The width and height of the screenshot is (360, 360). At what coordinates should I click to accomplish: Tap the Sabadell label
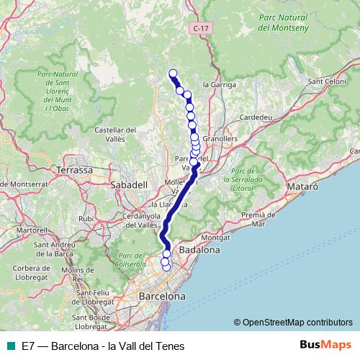tap(129, 184)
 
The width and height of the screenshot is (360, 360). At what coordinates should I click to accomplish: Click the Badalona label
tap(200, 250)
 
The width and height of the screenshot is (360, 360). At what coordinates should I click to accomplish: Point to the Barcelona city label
tap(162, 296)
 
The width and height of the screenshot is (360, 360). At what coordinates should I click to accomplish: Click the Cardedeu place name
tap(256, 117)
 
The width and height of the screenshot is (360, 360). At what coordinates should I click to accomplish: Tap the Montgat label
tap(216, 237)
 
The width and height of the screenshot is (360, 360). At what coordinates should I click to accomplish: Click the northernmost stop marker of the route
tap(173, 73)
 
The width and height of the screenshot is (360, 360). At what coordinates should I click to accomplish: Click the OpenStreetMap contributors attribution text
tap(292, 323)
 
